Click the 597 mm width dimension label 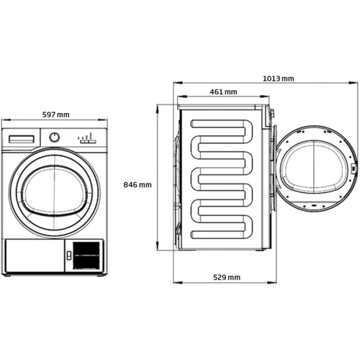[x=56, y=114]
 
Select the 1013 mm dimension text [x=279, y=78]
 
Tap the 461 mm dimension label [x=223, y=91]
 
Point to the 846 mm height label [x=138, y=184]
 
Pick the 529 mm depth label [x=227, y=277]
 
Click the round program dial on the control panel [x=55, y=137]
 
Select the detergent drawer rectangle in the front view [x=22, y=139]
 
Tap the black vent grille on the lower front [x=86, y=255]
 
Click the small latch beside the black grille [x=69, y=256]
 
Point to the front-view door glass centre [x=55, y=190]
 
